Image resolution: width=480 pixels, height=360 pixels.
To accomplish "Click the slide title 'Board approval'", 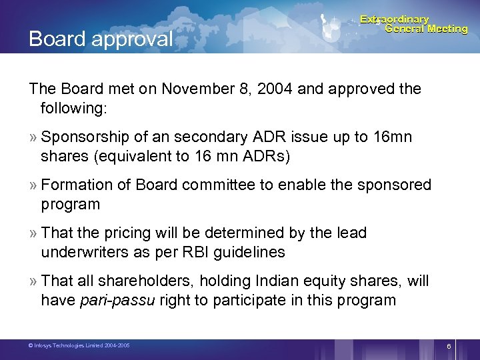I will [100, 39].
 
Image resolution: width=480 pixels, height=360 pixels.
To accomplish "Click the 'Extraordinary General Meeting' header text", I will [413, 24].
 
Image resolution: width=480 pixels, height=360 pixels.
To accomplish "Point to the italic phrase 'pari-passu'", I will [117, 300].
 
